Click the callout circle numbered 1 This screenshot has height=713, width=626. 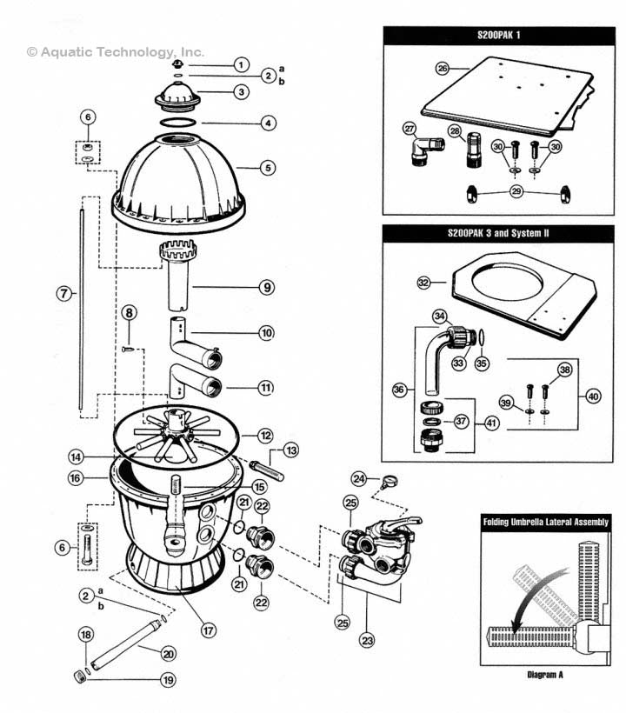241,64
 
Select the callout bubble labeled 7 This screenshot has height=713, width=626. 63,294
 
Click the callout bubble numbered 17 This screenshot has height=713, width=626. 208,630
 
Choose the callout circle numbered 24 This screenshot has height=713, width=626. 358,478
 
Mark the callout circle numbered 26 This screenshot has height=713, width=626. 442,68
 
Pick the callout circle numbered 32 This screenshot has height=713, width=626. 424,283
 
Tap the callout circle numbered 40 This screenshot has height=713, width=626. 593,396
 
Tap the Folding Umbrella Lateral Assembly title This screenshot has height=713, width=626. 545,523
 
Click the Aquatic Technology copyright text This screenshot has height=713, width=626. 116,51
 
